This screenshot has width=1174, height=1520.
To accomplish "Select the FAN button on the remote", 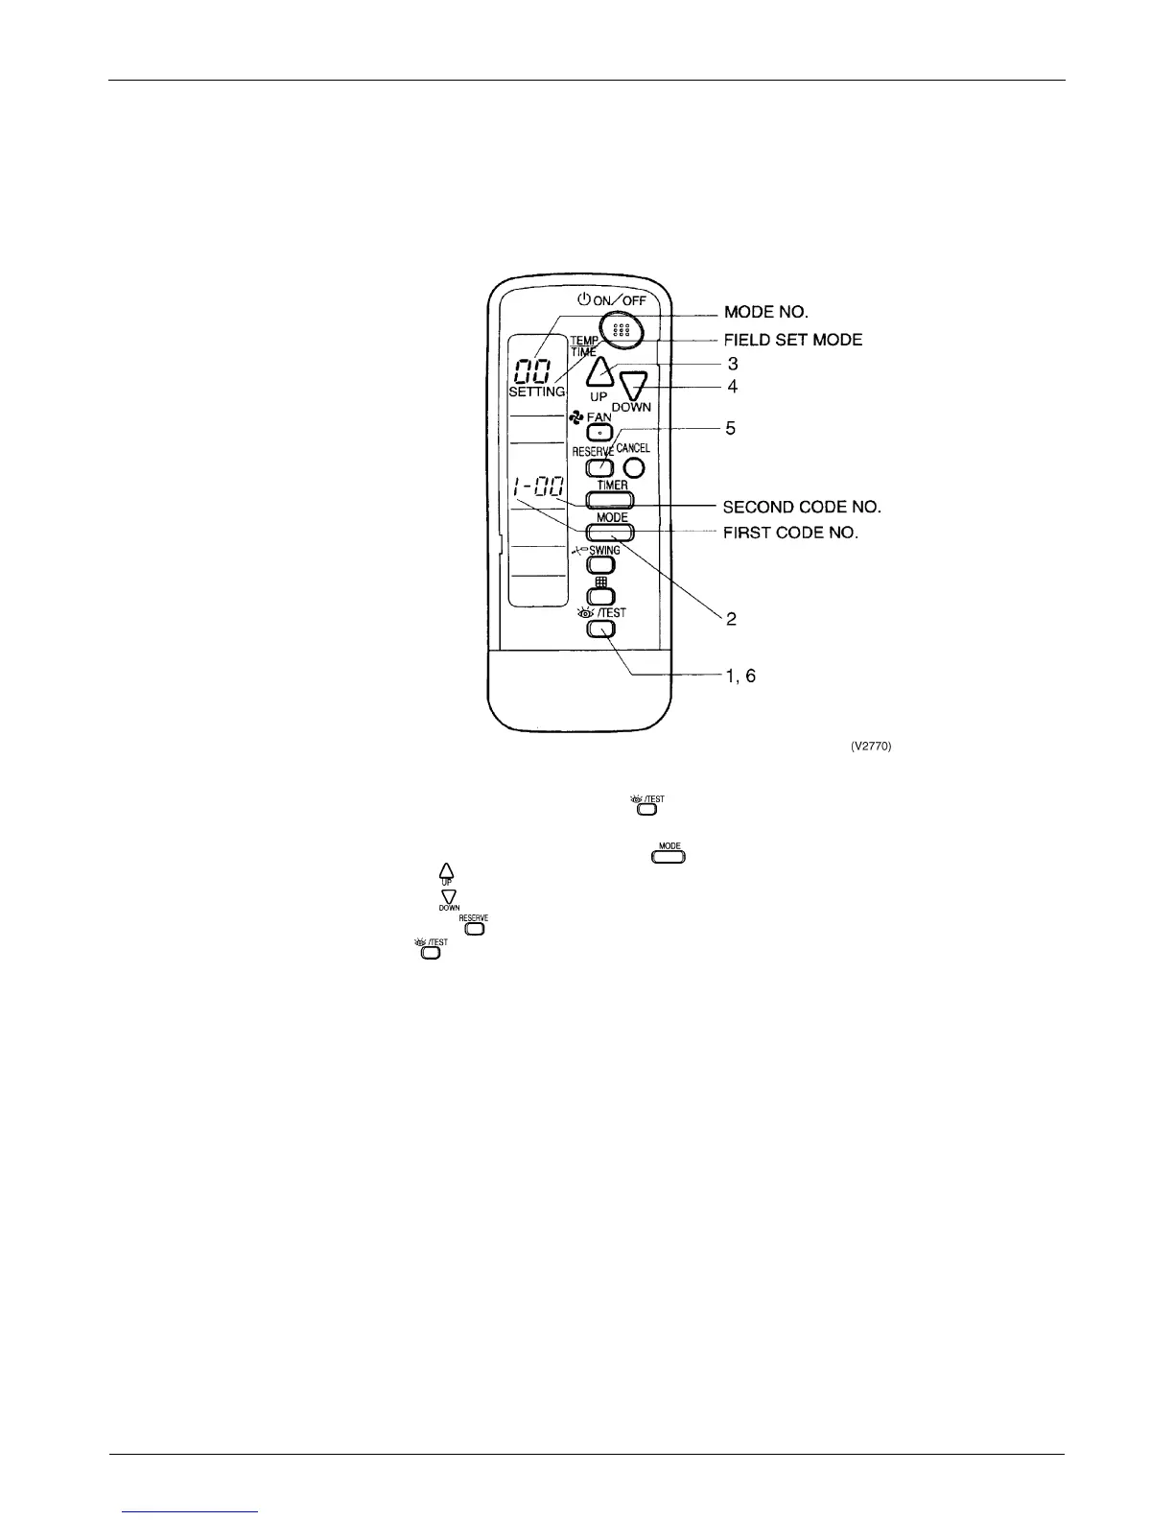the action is (599, 433).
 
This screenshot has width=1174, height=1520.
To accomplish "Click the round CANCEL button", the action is (634, 467).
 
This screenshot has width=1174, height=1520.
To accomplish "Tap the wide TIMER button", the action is (612, 499).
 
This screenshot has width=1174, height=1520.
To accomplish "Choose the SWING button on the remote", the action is (600, 565).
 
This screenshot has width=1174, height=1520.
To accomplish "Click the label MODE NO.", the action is (767, 313).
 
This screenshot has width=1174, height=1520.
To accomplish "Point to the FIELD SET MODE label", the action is (792, 340).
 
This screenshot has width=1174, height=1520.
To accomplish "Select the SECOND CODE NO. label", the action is (802, 506).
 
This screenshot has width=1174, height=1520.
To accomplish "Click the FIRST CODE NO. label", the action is (790, 533).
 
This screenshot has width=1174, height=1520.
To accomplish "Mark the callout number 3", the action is (732, 365).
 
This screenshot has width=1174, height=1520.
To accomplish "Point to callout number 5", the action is (731, 429).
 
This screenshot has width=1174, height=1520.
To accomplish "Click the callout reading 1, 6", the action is (739, 676).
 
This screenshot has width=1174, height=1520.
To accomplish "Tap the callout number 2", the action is (731, 620).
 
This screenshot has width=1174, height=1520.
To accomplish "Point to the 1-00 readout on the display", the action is (537, 489).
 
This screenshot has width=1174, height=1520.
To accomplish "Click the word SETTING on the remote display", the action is (536, 392).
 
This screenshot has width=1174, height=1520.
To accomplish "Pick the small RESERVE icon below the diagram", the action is (473, 926).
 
